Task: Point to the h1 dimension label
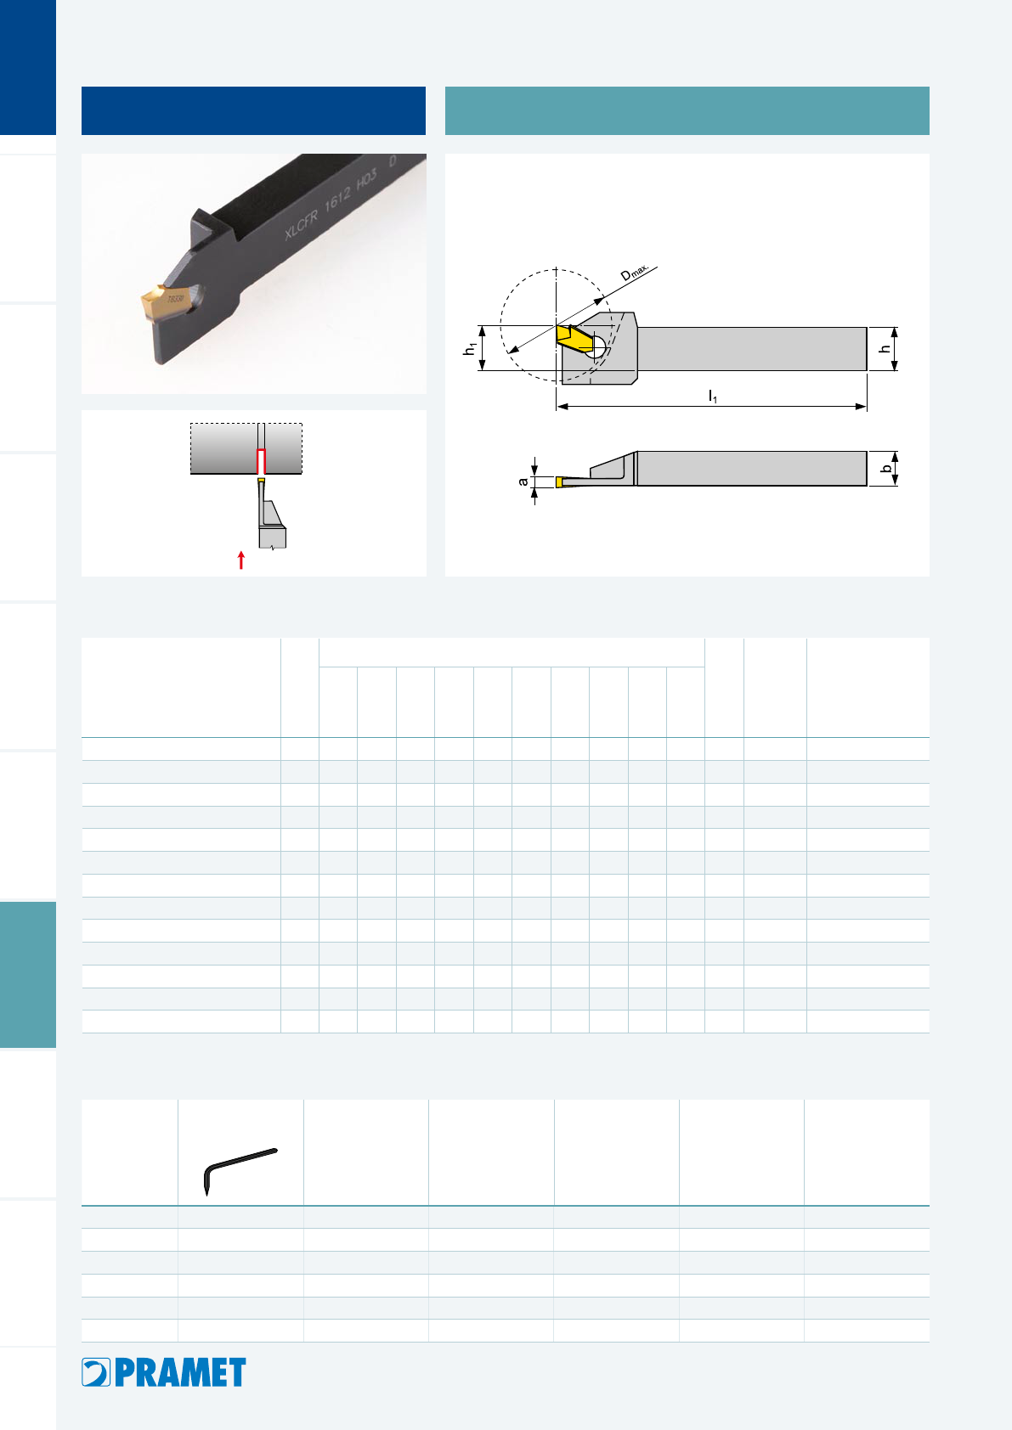point(470,348)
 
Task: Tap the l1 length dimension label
point(712,397)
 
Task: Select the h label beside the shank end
point(885,348)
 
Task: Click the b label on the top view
point(886,469)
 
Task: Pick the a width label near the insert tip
point(523,481)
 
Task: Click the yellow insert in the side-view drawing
point(575,338)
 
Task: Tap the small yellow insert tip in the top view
point(560,482)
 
